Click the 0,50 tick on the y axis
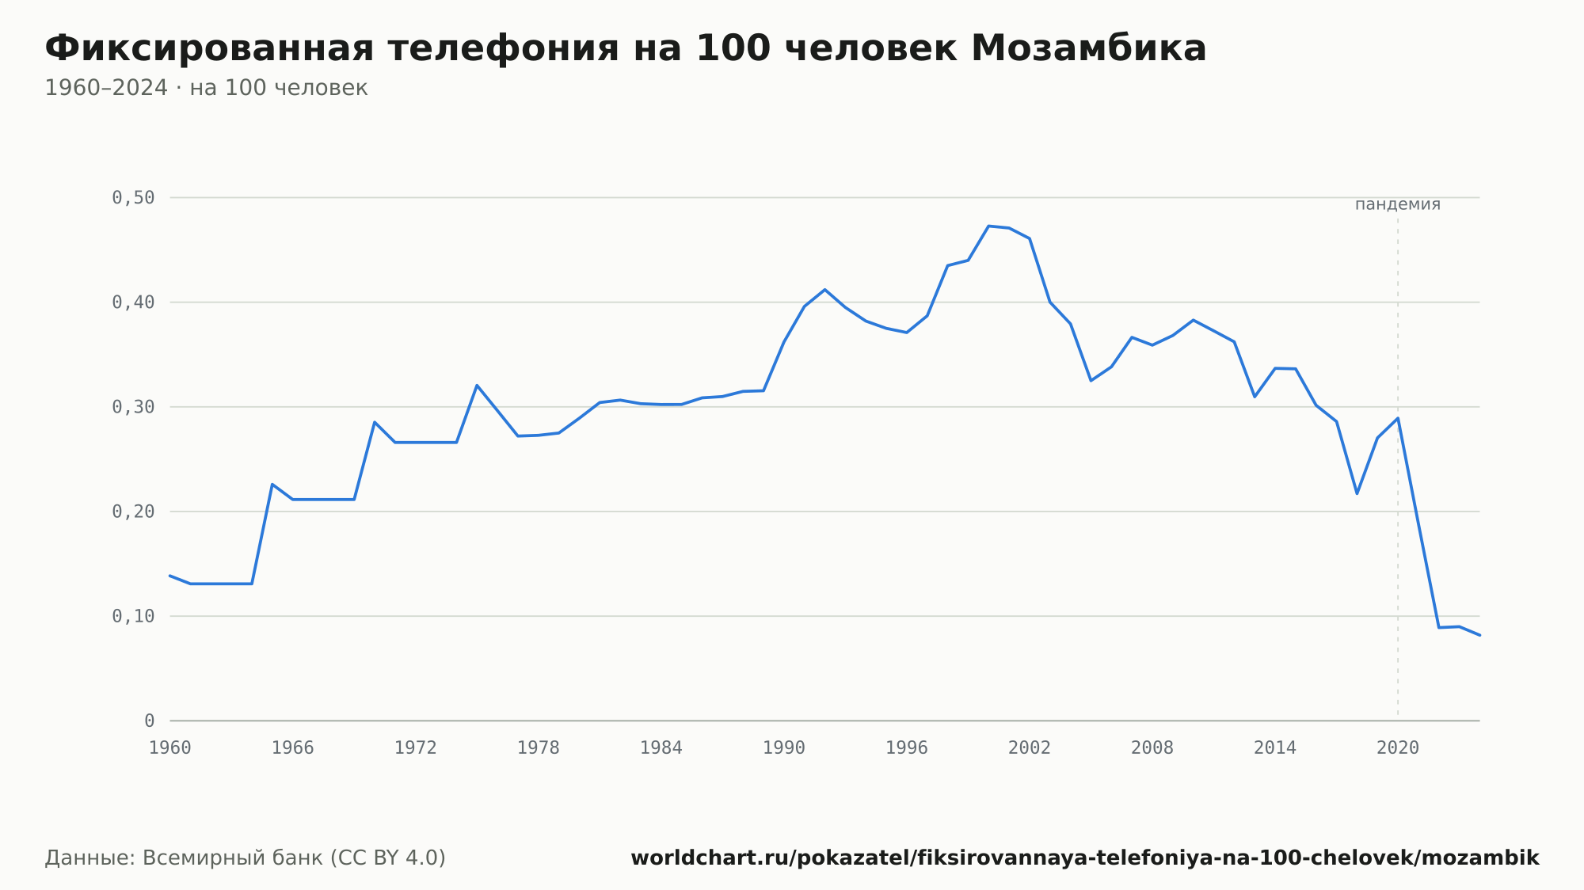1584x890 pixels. (x=133, y=198)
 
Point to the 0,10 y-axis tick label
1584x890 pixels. (x=133, y=616)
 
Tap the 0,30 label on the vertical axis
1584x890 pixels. (x=133, y=407)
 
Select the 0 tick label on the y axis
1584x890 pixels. (x=150, y=721)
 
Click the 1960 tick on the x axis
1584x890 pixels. (x=170, y=748)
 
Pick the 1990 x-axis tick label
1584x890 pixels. (x=784, y=748)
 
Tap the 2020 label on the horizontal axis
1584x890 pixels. (x=1398, y=748)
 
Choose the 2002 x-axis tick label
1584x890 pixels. (x=1030, y=748)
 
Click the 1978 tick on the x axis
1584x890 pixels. (x=539, y=748)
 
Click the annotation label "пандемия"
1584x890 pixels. (x=1398, y=204)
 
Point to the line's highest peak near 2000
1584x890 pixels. (x=988, y=226)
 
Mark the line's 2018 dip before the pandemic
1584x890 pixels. (x=1357, y=494)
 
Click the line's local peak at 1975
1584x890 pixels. (x=477, y=385)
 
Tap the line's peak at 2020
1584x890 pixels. (x=1398, y=418)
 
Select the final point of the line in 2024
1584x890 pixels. (x=1479, y=635)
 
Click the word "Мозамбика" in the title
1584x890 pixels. (x=1088, y=48)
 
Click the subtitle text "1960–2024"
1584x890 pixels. (x=106, y=88)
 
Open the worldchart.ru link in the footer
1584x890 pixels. (x=1085, y=858)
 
